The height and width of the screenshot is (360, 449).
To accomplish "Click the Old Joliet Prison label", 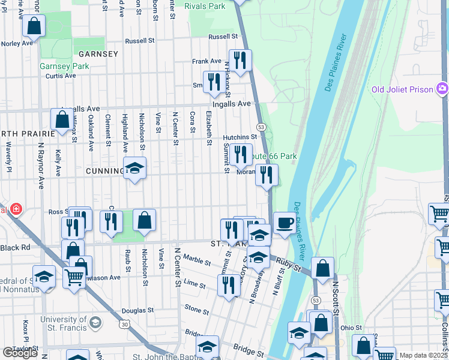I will tap(402, 89).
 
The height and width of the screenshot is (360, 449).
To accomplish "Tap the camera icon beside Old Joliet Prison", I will tap(443, 89).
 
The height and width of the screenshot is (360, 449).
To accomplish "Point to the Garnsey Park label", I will tap(64, 66).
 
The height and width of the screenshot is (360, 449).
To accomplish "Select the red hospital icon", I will tap(16, 209).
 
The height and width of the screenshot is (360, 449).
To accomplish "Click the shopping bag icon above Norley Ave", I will tap(34, 26).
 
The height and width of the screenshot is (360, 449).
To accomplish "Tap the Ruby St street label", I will tap(288, 265).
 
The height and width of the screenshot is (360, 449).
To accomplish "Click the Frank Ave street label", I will tap(206, 61).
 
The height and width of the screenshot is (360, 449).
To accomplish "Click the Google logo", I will tap(20, 353).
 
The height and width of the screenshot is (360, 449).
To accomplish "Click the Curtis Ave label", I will tap(61, 76).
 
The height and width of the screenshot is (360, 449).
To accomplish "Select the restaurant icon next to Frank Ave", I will tap(240, 60).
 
